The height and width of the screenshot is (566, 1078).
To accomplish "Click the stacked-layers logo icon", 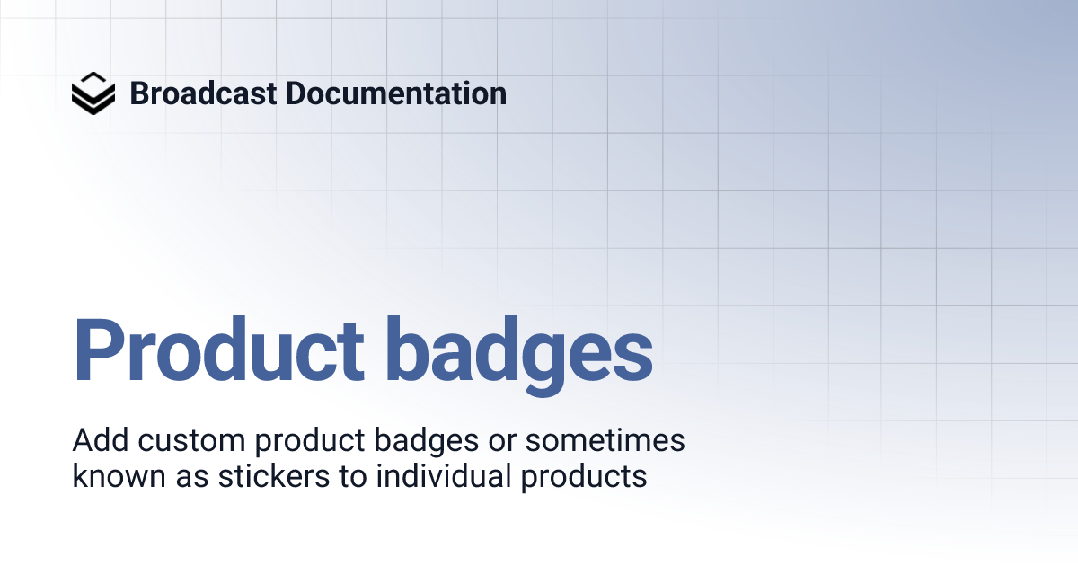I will click(93, 93).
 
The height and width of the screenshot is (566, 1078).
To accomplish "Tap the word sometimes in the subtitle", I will click(605, 441).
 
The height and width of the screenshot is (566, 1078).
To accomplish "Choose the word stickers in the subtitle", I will click(273, 476).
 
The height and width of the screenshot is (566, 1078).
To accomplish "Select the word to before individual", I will click(354, 476).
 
